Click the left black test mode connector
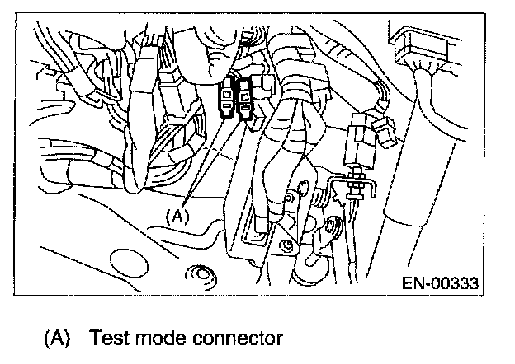coord(225,99)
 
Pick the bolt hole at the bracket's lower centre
coord(286,245)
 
